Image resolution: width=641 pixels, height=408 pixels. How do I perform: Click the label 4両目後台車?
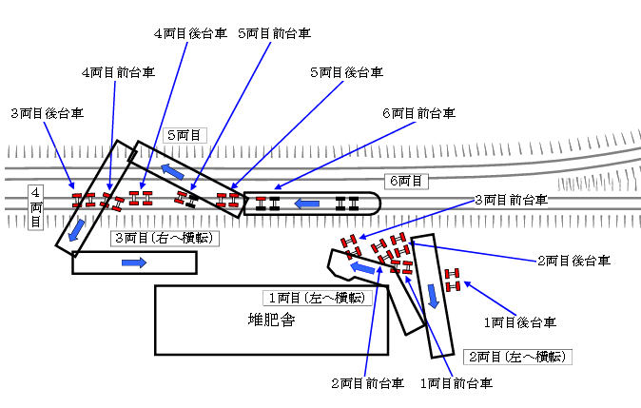[x=188, y=33]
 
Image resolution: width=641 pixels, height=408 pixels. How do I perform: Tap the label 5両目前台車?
[x=275, y=33]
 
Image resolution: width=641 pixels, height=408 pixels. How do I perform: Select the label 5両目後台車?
[x=347, y=72]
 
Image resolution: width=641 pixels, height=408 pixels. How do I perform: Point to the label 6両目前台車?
[x=419, y=112]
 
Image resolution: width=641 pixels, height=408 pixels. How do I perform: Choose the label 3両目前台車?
[x=511, y=201]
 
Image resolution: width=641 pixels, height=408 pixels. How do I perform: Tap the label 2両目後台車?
[x=573, y=260]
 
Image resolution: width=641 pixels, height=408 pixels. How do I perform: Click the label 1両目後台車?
[x=519, y=323]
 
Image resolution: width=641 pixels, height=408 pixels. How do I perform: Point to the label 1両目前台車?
[x=456, y=383]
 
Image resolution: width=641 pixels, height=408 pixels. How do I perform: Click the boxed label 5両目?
[x=185, y=136]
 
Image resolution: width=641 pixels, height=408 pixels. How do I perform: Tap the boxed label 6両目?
[x=409, y=180]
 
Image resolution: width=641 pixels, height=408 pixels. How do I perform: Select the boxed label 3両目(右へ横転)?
[x=166, y=238]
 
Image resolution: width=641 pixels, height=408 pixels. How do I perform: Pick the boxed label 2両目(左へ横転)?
[x=518, y=358]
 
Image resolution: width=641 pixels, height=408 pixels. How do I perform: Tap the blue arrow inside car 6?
[x=307, y=203]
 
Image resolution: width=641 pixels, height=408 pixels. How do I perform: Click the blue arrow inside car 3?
[x=134, y=262]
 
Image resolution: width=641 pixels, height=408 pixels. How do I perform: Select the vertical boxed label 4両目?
[x=35, y=206]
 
